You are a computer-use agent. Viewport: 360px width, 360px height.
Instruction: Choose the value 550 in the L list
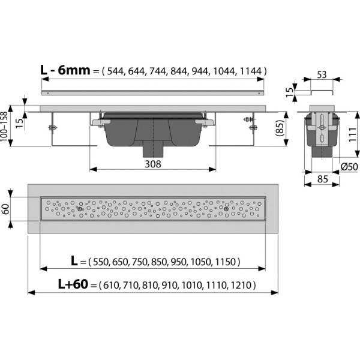point(100,262)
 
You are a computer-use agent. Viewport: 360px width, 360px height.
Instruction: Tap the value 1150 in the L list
point(227,262)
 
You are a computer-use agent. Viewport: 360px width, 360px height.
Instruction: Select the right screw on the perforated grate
point(226,209)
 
